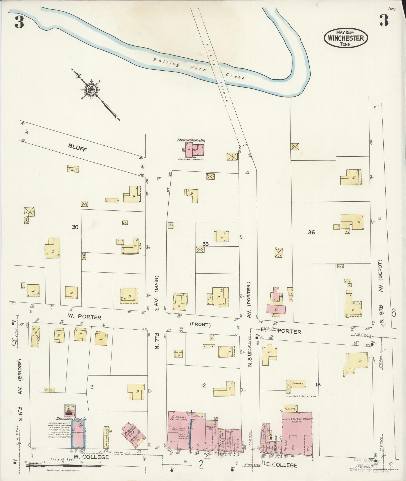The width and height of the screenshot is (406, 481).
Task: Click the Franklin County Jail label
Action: coord(191,140)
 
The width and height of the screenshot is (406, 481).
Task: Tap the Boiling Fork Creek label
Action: coord(199,70)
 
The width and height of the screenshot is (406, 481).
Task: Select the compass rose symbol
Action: coord(90,89)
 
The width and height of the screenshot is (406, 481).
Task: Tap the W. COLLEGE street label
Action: coord(91,457)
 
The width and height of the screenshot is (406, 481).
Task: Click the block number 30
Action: coord(75,227)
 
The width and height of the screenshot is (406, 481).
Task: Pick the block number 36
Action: coord(311,232)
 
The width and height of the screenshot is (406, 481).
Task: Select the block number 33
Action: coord(205,244)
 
